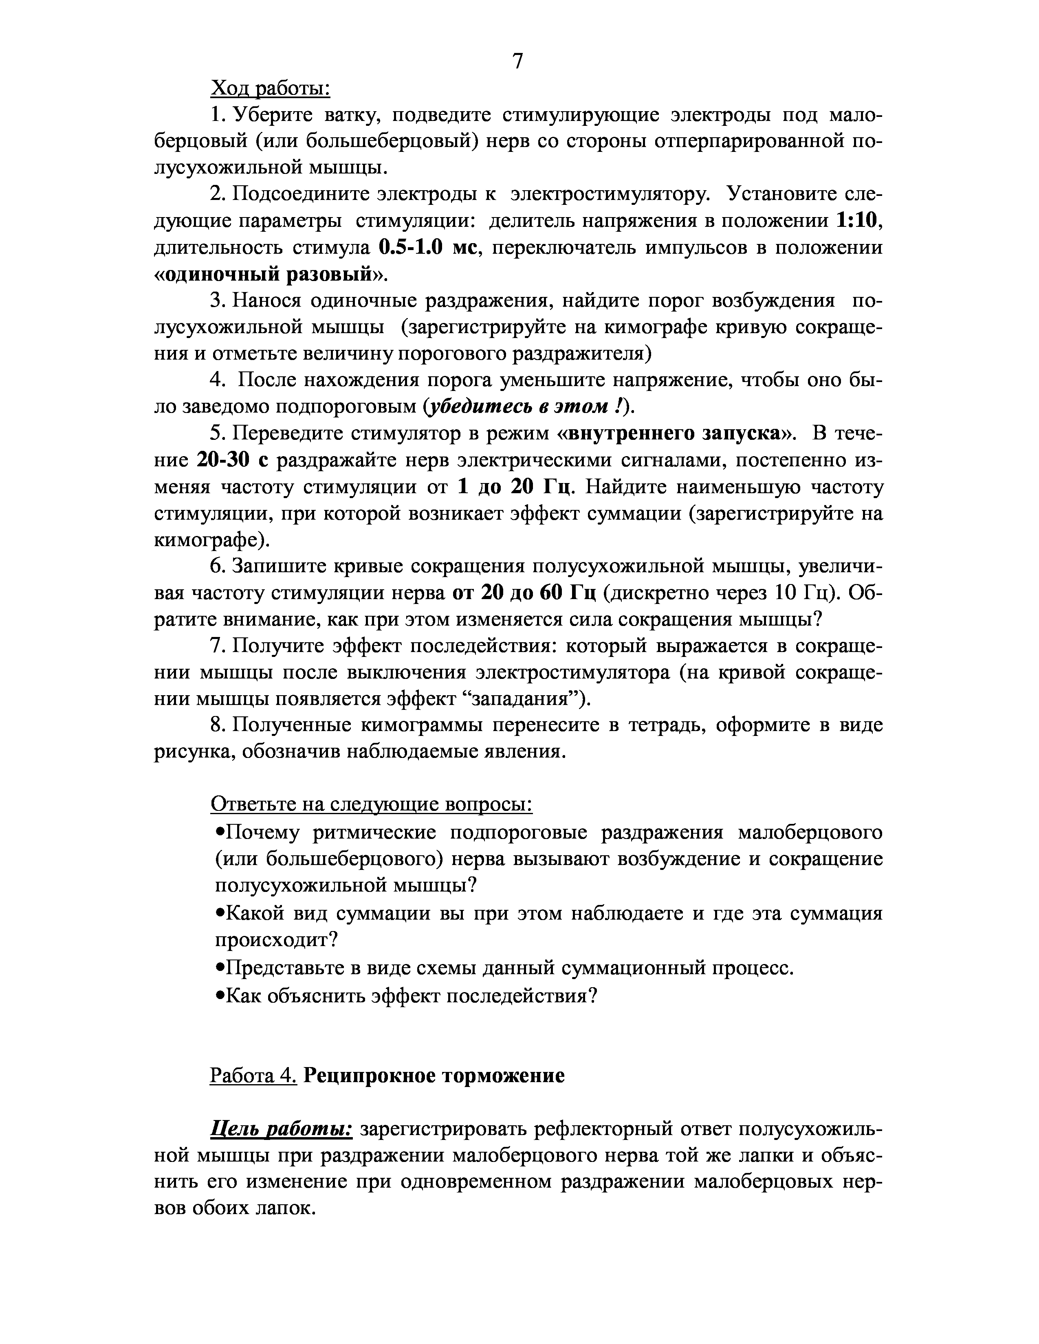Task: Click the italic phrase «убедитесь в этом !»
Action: (x=527, y=407)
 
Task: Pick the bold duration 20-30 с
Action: (x=234, y=460)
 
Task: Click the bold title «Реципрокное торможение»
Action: (x=434, y=1076)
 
